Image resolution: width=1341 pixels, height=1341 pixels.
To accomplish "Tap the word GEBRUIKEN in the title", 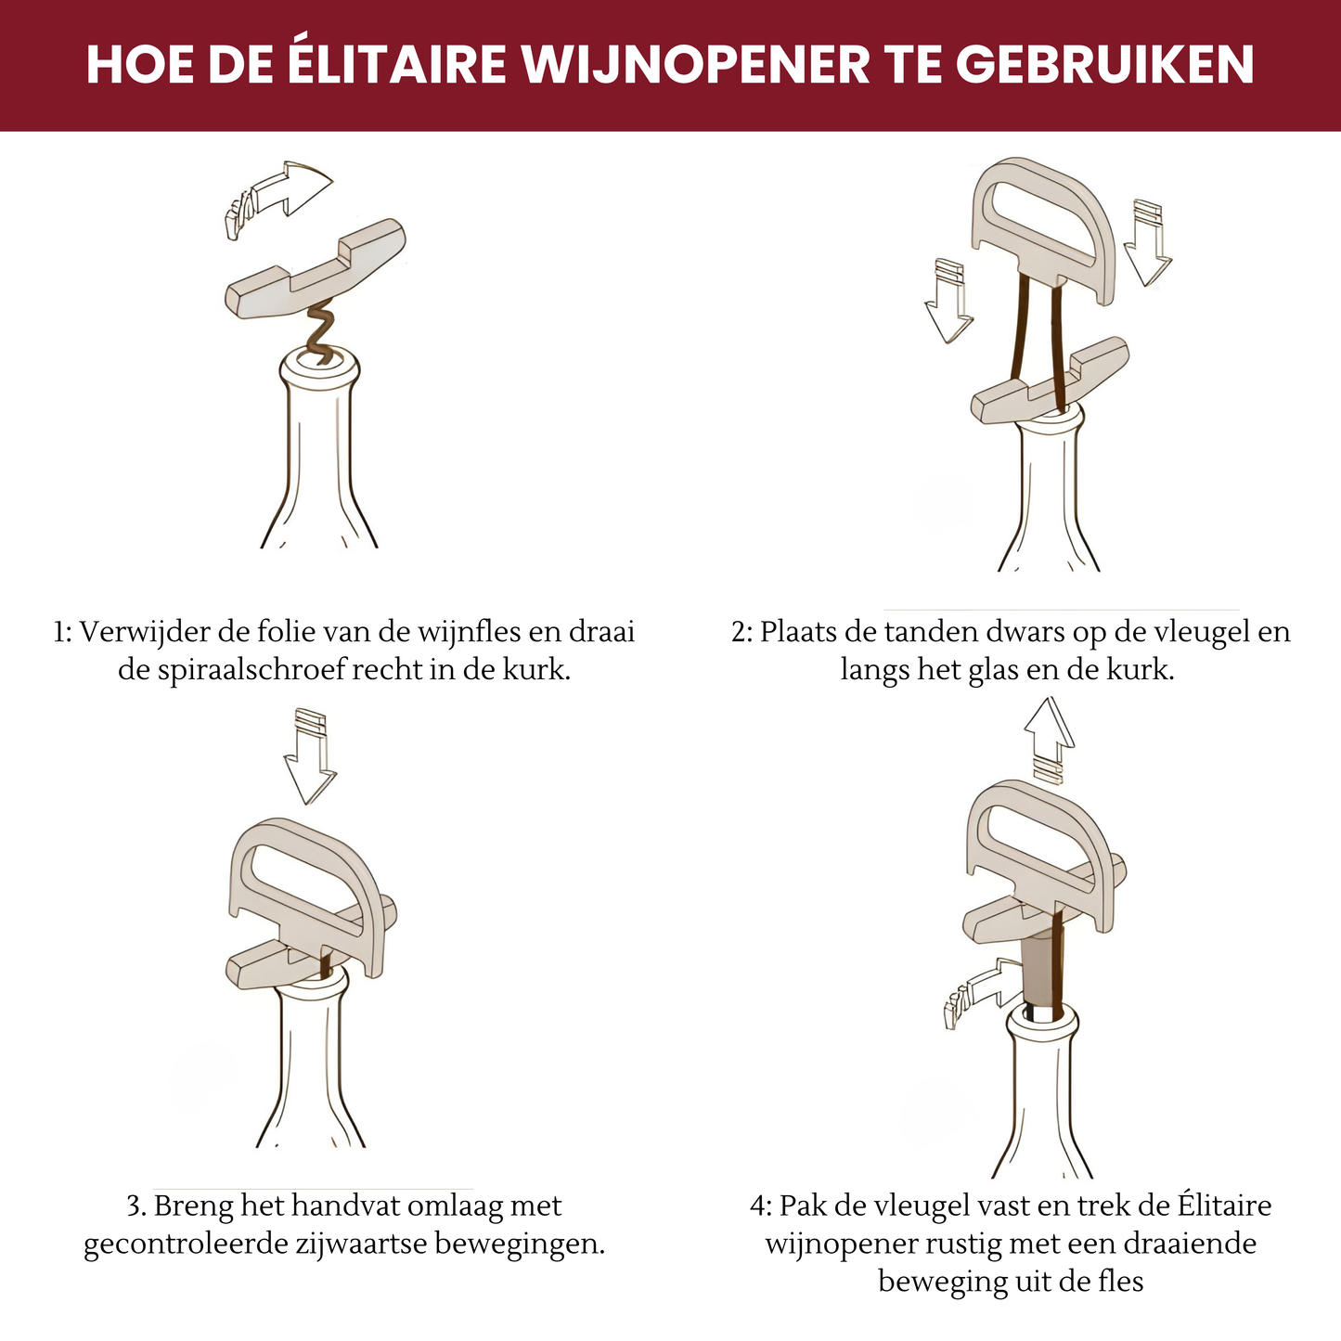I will (x=1104, y=65).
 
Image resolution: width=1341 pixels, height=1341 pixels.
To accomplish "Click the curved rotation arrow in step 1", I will (x=278, y=198).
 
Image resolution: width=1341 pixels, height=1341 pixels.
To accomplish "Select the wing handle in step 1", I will (x=316, y=269).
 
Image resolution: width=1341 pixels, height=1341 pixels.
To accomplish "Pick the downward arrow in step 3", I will (x=310, y=755).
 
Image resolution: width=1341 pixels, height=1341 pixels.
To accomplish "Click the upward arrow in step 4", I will (x=1050, y=739).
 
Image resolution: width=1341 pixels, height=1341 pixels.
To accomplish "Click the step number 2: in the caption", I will (x=742, y=633).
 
